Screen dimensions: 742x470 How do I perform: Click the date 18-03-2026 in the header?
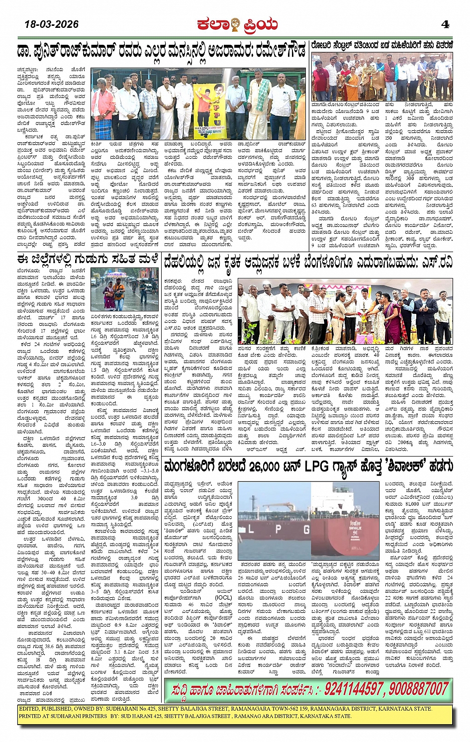pos(52,24)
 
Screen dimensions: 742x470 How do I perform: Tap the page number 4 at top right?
pos(445,24)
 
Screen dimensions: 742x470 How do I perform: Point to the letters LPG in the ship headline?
pos(317,466)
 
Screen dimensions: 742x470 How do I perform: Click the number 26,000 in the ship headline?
pos(266,466)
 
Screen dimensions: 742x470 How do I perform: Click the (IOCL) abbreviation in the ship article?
pos(223,597)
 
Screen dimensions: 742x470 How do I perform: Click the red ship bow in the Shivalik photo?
pos(348,527)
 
